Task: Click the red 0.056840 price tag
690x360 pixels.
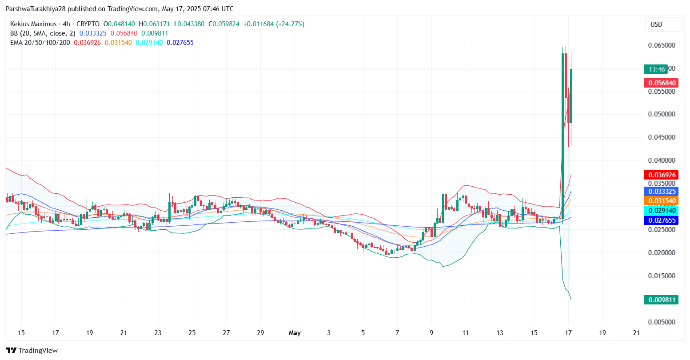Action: pos(661,83)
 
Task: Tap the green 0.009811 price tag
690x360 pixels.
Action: pos(661,300)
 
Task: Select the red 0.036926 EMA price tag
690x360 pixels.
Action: pos(661,175)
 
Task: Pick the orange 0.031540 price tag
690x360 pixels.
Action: pos(661,201)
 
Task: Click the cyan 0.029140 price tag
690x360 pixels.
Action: pos(661,211)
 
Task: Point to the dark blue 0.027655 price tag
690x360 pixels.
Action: pos(661,220)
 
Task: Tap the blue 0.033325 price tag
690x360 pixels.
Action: pos(661,192)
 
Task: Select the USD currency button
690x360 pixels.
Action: pos(656,24)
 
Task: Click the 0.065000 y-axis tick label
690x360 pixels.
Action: pos(661,45)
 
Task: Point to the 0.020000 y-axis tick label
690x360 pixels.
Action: pos(661,253)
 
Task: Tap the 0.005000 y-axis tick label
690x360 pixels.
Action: pos(661,322)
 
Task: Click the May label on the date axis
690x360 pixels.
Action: pos(295,333)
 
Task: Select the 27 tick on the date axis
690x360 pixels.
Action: pos(226,333)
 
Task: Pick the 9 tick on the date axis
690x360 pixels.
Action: pos(431,333)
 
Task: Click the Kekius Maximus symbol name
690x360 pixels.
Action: pos(33,24)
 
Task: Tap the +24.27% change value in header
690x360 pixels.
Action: pos(290,24)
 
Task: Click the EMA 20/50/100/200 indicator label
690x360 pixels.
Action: pos(40,43)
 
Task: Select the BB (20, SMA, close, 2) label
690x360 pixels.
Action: pos(43,33)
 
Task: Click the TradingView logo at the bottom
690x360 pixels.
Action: pos(32,350)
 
